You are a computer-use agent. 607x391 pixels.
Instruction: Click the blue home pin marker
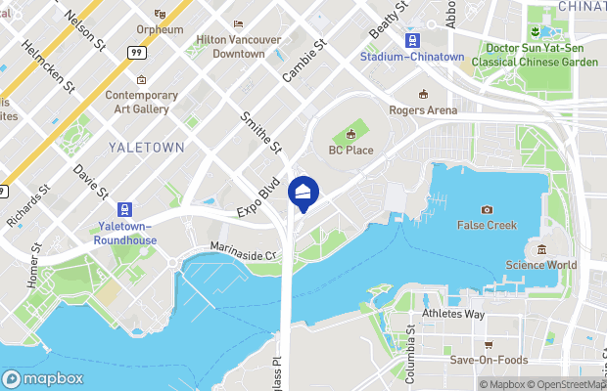[303, 193]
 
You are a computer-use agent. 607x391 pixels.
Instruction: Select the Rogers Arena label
[423, 110]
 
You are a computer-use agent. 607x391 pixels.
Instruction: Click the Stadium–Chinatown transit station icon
[413, 40]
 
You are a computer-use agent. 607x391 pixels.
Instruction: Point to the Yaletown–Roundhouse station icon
[124, 209]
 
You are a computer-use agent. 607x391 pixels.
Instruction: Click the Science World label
[541, 265]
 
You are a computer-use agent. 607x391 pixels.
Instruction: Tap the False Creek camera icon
[487, 209]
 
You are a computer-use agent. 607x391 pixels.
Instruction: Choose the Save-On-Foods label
[488, 360]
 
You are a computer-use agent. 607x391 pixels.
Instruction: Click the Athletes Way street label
[453, 314]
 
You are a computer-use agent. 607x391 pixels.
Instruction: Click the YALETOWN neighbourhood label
[148, 148]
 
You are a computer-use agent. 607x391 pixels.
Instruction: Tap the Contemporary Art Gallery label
[142, 102]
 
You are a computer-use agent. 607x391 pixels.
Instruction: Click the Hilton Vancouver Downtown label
[238, 46]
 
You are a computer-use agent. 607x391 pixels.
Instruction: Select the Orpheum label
[160, 30]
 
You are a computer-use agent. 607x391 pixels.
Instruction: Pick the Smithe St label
[261, 133]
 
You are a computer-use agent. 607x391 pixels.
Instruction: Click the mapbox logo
[43, 379]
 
